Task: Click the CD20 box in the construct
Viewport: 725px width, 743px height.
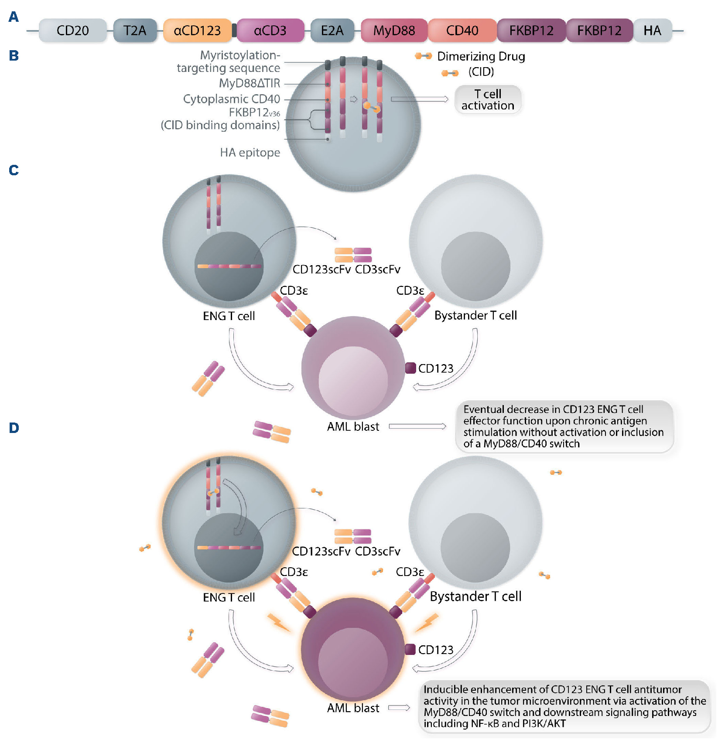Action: click(x=72, y=31)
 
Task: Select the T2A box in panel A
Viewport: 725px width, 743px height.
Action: click(x=135, y=31)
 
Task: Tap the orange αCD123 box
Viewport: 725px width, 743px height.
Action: click(x=197, y=31)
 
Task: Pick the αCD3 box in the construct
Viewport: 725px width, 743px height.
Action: click(x=270, y=31)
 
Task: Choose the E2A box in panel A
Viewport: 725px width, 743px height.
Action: click(x=332, y=31)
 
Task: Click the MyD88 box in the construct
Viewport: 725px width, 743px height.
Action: click(x=394, y=31)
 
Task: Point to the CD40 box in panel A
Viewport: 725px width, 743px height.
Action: click(x=462, y=31)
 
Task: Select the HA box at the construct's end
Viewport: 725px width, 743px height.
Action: click(x=652, y=31)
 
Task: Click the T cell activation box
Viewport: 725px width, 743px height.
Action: click(x=488, y=100)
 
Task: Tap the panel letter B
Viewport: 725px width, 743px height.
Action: click(x=14, y=56)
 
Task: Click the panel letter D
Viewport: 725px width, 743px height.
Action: click(x=14, y=428)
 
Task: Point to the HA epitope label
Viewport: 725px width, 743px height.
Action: click(x=250, y=153)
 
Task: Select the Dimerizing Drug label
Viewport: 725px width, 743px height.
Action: click(x=481, y=57)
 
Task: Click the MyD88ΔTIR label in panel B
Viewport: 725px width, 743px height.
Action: click(x=250, y=83)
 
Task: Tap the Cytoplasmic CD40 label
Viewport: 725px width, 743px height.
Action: click(x=232, y=99)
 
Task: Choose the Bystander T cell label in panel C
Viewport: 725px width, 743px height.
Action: click(x=475, y=315)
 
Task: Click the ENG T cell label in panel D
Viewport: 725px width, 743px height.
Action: click(x=229, y=597)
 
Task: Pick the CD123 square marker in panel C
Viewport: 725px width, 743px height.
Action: click(x=410, y=368)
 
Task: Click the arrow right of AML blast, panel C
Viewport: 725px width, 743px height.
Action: click(x=417, y=426)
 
